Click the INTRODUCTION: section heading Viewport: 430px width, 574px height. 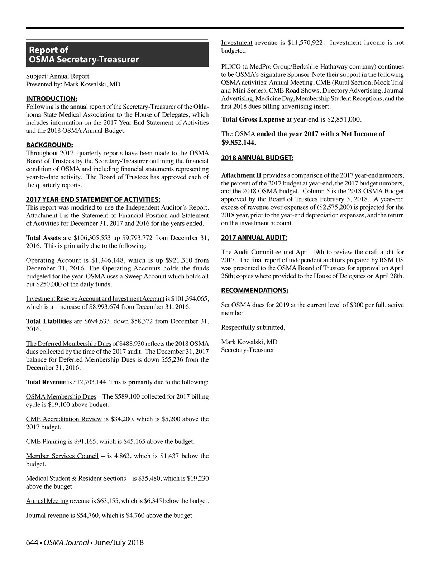tap(52, 99)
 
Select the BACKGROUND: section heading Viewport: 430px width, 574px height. tap(49, 145)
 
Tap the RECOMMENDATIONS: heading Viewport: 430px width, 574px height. tap(254, 290)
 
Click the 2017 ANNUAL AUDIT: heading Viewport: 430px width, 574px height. tap(254, 237)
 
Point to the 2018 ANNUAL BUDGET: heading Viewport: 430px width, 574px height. tap(257, 158)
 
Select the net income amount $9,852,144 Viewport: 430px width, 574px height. tap(238, 142)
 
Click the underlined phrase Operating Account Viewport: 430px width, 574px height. tap(53, 260)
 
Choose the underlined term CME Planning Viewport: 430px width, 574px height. tap(46, 441)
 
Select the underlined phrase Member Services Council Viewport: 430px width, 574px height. tap(62, 456)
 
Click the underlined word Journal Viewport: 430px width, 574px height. tap(36, 516)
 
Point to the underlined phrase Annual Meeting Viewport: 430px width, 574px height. tap(47, 501)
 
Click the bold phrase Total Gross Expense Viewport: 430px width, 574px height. tap(253, 119)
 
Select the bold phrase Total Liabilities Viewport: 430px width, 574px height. tap(49, 321)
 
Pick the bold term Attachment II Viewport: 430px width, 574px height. tap(241, 175)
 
